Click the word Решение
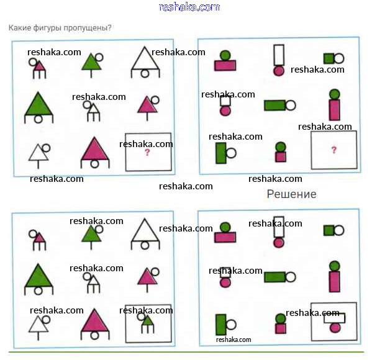pyautogui.click(x=291, y=194)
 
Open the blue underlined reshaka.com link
pyautogui.click(x=189, y=7)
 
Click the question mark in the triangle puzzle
pyautogui.click(x=147, y=152)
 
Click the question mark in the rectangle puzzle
pyautogui.click(x=334, y=150)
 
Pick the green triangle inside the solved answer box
pyautogui.click(x=147, y=321)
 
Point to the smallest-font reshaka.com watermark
pyautogui.click(x=234, y=340)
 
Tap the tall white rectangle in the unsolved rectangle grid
pyautogui.click(x=279, y=54)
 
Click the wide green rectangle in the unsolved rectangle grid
pyautogui.click(x=274, y=106)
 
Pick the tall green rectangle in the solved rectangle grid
pyautogui.click(x=220, y=325)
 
